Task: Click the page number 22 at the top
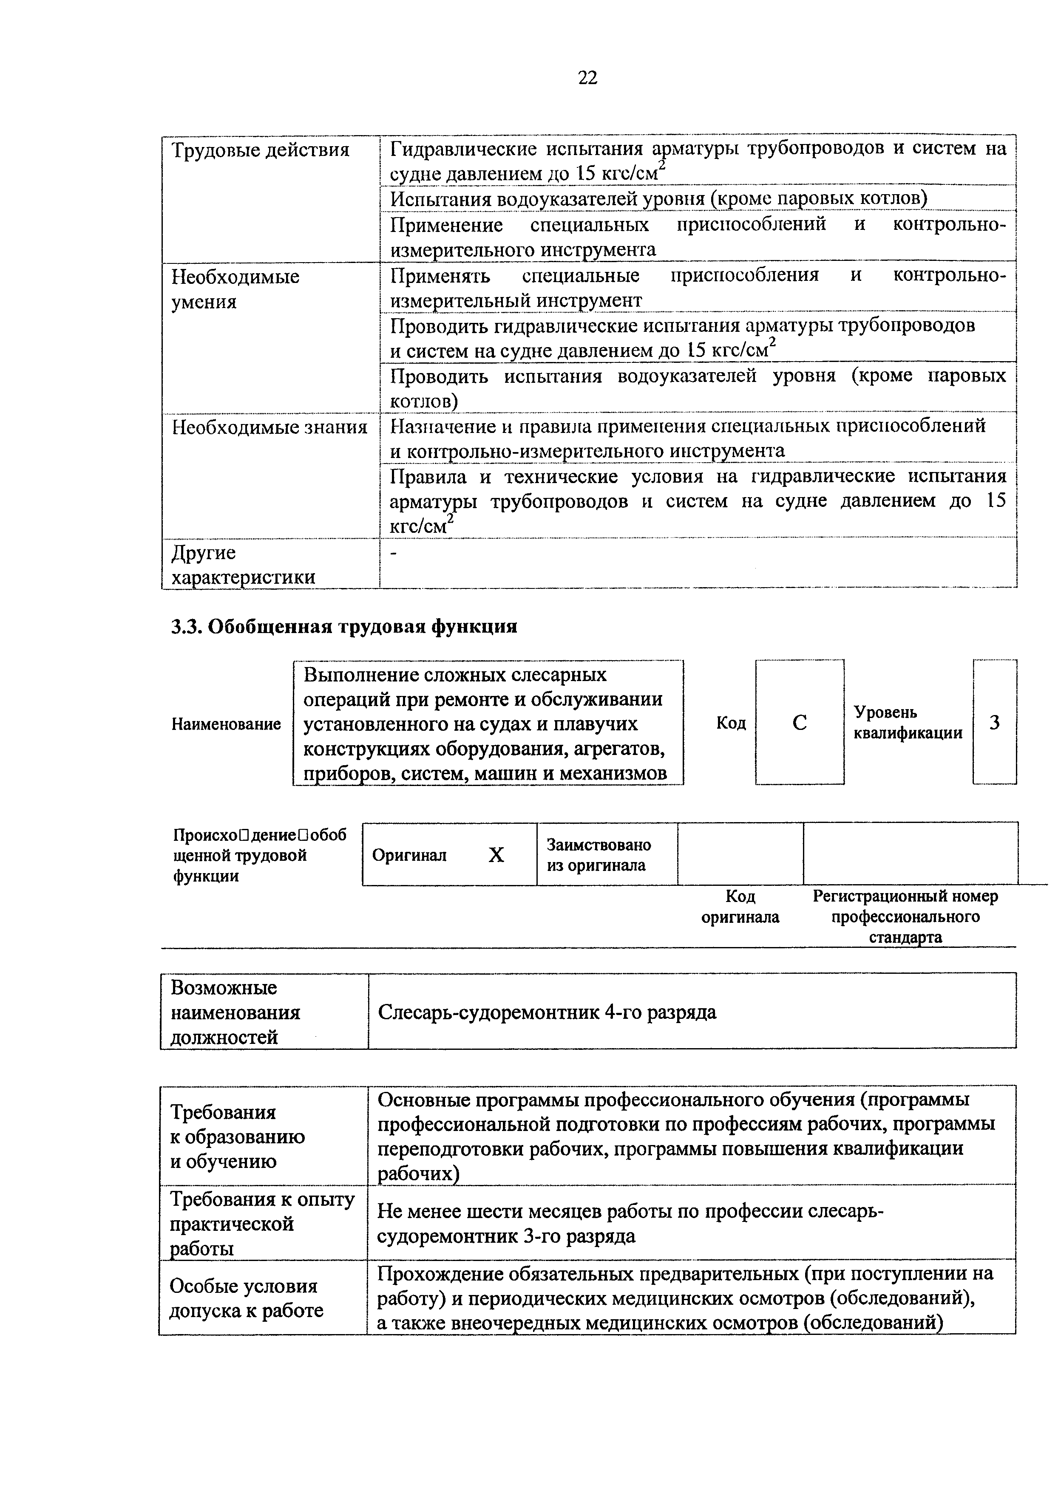(587, 78)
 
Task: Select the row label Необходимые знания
(269, 428)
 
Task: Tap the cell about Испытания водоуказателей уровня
(658, 198)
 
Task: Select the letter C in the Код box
(799, 723)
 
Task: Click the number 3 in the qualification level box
(994, 723)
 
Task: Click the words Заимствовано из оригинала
(599, 855)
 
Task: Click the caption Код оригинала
(740, 907)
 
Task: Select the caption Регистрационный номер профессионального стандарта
(905, 917)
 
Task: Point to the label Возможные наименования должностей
(235, 1013)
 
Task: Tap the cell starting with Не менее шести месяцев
(630, 1224)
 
